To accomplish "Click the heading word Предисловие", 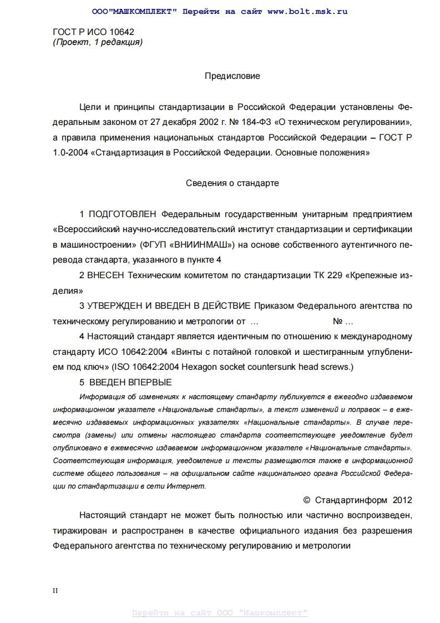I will click(x=232, y=76).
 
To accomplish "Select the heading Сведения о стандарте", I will click(x=232, y=183).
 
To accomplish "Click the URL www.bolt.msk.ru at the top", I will click(x=307, y=11).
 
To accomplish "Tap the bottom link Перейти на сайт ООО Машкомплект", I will click(x=220, y=612).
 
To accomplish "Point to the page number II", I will click(x=55, y=591).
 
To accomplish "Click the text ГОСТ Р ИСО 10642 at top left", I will click(x=93, y=32).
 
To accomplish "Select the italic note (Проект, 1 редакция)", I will click(x=97, y=42).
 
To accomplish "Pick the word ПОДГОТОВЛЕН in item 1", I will click(x=123, y=214).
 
